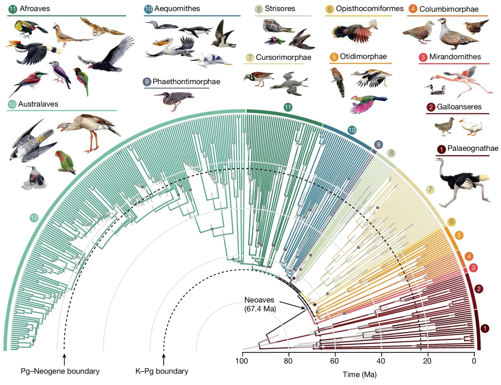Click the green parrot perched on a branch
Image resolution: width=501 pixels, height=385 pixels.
coord(65,162)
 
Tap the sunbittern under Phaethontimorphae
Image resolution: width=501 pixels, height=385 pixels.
coord(175,99)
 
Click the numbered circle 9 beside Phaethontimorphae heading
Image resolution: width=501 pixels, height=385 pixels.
coord(147,82)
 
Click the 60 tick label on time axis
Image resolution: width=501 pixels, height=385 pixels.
coord(335,361)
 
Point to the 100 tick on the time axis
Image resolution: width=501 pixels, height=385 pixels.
coord(242,361)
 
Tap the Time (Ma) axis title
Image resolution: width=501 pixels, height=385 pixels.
coord(360,375)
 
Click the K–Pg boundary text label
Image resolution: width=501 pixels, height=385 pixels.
coord(162,371)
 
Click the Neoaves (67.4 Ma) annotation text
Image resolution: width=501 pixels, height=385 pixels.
coord(260,304)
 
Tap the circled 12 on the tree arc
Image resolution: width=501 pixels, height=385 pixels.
coord(34,218)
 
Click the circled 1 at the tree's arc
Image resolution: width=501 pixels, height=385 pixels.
coord(485,329)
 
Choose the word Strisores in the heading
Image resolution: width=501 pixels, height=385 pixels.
coord(280,9)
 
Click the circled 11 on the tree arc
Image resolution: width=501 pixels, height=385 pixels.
coord(288,107)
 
